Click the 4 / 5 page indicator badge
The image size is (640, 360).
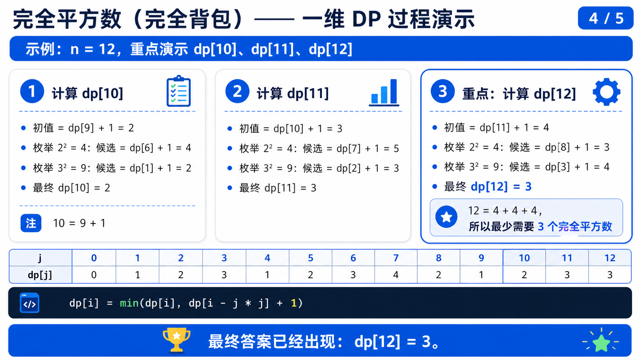pos(606,18)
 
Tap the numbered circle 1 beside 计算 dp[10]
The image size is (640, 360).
pos(32,91)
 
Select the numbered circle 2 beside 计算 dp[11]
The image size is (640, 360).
pos(237,91)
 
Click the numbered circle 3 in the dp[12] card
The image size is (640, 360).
pos(442,91)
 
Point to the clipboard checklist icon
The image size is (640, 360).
pos(179,91)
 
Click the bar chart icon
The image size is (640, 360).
pos(384,92)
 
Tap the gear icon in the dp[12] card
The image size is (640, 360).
pos(607,92)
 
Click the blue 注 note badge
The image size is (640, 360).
pos(31,223)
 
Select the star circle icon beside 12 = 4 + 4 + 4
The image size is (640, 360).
pos(446,217)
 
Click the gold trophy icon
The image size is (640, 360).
pos(176,340)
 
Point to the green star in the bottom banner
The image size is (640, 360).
pos(601,342)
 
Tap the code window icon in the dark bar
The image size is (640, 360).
pos(29,303)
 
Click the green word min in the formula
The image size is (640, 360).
pos(129,303)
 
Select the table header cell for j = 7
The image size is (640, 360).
pos(396,258)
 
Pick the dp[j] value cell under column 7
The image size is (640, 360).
pos(396,275)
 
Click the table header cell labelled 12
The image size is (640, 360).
pos(610,258)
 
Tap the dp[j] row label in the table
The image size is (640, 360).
pos(40,275)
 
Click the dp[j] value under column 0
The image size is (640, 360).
pos(94,275)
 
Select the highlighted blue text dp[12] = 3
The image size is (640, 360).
pos(501,186)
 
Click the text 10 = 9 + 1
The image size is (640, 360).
pos(79,223)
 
